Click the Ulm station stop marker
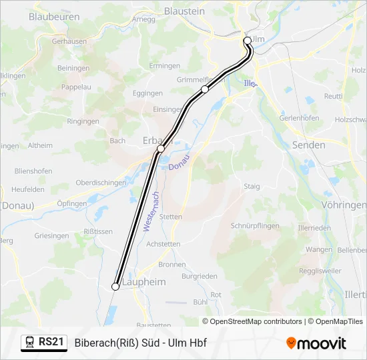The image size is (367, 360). tap(248, 41)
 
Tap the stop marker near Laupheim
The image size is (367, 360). tap(115, 286)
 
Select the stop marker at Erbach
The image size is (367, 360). tap(161, 148)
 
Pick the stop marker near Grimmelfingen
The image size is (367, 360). tap(205, 89)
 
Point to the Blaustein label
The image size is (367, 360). tap(184, 11)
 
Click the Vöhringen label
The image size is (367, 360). tap(344, 205)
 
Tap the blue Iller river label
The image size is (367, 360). tap(250, 83)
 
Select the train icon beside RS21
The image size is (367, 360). tap(30, 342)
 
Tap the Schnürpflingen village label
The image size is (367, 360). tap(254, 226)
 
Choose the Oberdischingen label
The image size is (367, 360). tap(101, 183)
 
